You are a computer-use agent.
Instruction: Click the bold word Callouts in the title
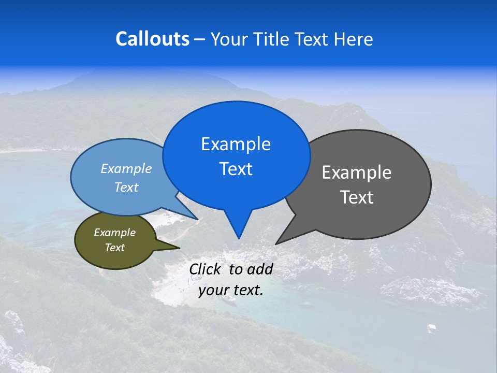pyautogui.click(x=152, y=39)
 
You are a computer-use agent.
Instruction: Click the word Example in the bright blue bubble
pyautogui.click(x=236, y=144)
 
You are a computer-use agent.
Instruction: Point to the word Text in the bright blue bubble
pyautogui.click(x=236, y=169)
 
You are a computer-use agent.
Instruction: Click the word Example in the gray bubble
pyautogui.click(x=356, y=173)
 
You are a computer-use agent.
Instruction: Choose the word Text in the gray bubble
pyautogui.click(x=356, y=197)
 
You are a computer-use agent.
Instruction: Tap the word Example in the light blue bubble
pyautogui.click(x=126, y=168)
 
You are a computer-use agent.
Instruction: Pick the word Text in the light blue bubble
pyautogui.click(x=126, y=187)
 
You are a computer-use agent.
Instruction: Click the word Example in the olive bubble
pyautogui.click(x=114, y=233)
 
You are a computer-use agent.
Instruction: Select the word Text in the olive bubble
pyautogui.click(x=114, y=248)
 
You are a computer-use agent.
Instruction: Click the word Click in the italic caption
pyautogui.click(x=206, y=269)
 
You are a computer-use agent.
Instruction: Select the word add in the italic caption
pyautogui.click(x=260, y=269)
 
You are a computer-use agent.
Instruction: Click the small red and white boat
pyautogui.click(x=431, y=327)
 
